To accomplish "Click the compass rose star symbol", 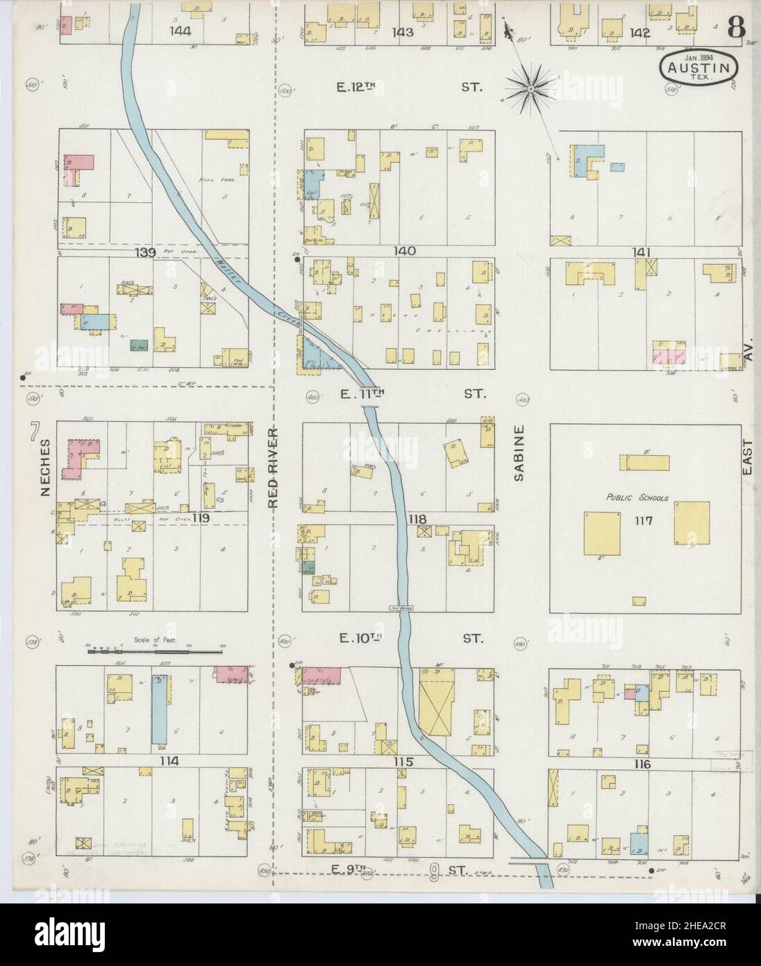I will pyautogui.click(x=530, y=89).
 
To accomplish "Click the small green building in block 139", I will pyautogui.click(x=137, y=343).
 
